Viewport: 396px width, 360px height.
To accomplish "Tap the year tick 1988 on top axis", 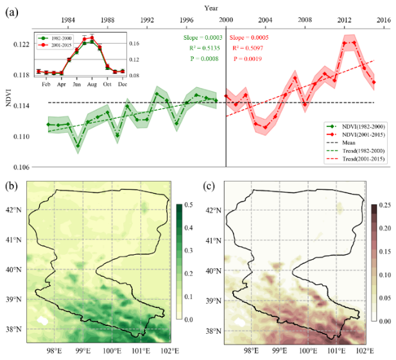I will (108, 20).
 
